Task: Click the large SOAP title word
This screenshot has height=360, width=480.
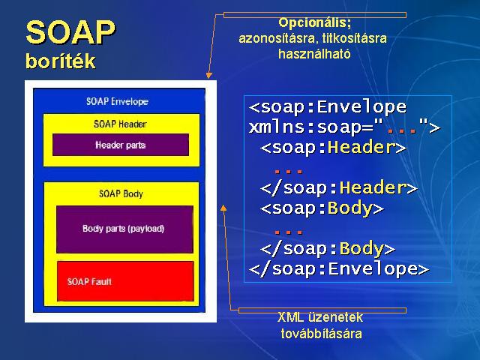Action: [x=70, y=33]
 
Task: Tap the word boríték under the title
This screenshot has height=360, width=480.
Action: [x=61, y=61]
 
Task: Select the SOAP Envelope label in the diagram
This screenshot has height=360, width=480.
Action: [x=117, y=101]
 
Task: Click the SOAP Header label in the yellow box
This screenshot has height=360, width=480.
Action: [x=120, y=124]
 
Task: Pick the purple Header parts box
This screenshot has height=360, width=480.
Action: [x=121, y=145]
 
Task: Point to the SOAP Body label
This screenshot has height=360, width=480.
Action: [x=121, y=193]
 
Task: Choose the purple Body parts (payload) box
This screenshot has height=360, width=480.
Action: [x=124, y=229]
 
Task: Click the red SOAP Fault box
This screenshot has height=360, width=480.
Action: [x=125, y=281]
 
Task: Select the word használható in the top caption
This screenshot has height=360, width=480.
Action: [x=314, y=54]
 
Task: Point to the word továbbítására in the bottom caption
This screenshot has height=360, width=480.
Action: [x=322, y=333]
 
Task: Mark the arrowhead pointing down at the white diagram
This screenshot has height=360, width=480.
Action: [x=208, y=75]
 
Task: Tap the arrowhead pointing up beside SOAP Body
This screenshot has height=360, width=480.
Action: [x=223, y=208]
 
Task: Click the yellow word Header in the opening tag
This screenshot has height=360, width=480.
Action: [x=361, y=147]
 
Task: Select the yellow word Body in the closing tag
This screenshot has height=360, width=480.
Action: [x=361, y=248]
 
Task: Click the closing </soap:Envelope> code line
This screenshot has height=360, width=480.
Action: [x=339, y=269]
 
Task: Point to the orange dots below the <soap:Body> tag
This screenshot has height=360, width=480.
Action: [x=288, y=232]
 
